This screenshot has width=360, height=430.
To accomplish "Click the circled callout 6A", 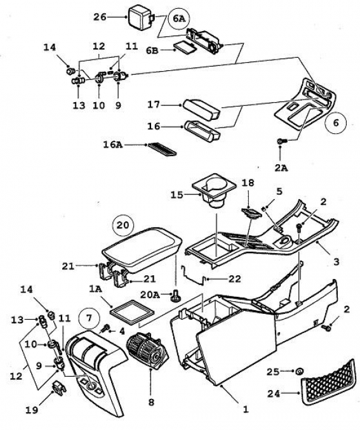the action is tap(179, 18).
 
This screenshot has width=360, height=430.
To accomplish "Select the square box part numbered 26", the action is tap(141, 17).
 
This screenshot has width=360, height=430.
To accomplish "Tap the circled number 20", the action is tap(123, 225).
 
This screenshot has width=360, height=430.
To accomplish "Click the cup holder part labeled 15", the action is tap(214, 191).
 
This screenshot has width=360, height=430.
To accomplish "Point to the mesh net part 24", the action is tap(328, 381).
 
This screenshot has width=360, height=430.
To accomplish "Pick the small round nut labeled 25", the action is tap(299, 372).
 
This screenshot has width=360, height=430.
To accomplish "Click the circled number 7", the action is tap(90, 318).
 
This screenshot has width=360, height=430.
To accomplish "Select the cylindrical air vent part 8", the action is tap(147, 351).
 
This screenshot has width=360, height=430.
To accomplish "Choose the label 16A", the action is tap(113, 145).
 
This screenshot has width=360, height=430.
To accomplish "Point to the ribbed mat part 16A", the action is tap(163, 149).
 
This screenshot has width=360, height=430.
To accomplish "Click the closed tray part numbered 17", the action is tap(201, 110).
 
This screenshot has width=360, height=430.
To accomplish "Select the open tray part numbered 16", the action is tap(203, 131).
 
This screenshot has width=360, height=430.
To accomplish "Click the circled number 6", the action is tap(336, 122).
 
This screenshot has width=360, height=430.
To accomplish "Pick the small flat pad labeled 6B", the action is tap(185, 47).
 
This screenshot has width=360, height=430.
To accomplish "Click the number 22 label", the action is tap(234, 279).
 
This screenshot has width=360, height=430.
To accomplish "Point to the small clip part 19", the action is tap(59, 388).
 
